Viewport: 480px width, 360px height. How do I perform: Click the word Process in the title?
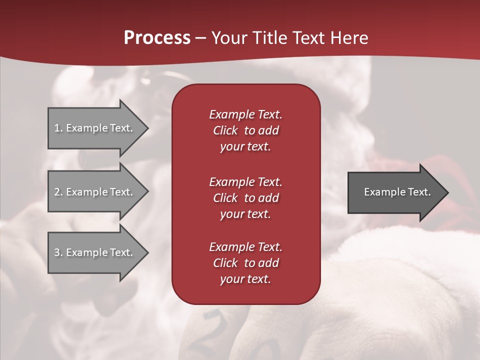157,38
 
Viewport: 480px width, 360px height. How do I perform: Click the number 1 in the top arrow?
56,128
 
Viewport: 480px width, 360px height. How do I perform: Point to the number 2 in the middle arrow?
57,192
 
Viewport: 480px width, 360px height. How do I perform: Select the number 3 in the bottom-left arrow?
57,252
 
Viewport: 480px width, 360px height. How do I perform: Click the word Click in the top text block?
225,130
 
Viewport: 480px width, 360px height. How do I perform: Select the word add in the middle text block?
268,198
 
